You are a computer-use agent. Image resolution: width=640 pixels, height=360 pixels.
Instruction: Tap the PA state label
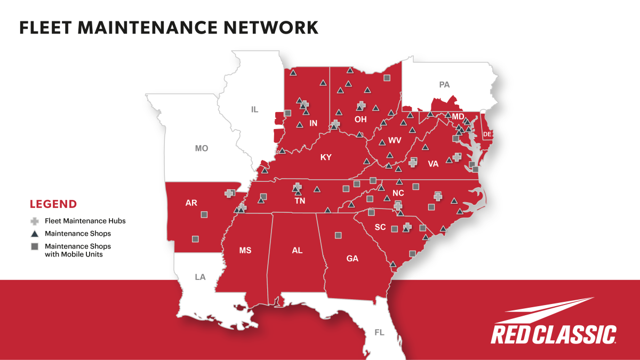[444, 84]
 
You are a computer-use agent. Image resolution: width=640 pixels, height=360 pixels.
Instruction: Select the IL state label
[254, 109]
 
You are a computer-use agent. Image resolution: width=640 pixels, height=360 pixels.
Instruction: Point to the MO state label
[201, 148]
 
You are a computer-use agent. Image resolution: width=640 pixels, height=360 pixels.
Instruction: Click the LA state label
[200, 277]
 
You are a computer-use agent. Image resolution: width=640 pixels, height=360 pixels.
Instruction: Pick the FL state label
[379, 332]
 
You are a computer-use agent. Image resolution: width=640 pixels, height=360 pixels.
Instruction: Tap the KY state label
[326, 157]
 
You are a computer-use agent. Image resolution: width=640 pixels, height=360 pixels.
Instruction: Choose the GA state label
[352, 259]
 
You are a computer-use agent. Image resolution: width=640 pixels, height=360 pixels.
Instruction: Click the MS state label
[245, 250]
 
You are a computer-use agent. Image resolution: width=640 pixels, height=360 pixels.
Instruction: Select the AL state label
[297, 250]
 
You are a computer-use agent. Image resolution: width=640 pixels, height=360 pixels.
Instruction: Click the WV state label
[395, 141]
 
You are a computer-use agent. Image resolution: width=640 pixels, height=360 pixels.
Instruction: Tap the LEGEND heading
[53, 204]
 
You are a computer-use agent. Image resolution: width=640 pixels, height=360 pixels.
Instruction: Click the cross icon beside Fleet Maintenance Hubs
[35, 220]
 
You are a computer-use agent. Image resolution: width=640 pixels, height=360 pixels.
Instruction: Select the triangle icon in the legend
[35, 234]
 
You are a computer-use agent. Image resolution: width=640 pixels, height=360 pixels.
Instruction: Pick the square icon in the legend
[35, 246]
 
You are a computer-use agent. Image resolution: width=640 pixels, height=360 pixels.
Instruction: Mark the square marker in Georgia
[338, 235]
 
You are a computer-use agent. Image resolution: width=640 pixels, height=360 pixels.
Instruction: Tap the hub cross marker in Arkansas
[229, 193]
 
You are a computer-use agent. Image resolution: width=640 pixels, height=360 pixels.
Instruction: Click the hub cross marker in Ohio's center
[361, 105]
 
